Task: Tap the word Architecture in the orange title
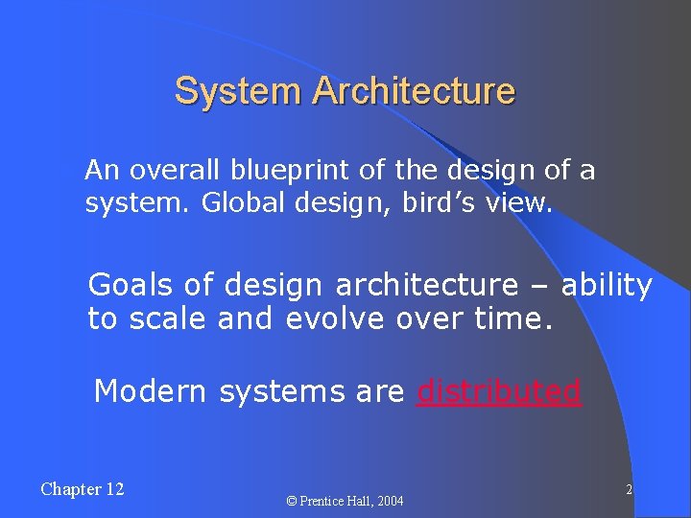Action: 414,92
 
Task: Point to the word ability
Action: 607,285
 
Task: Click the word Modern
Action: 152,391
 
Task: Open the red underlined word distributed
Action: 499,391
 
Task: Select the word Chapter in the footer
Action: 69,489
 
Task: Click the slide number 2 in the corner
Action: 629,490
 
